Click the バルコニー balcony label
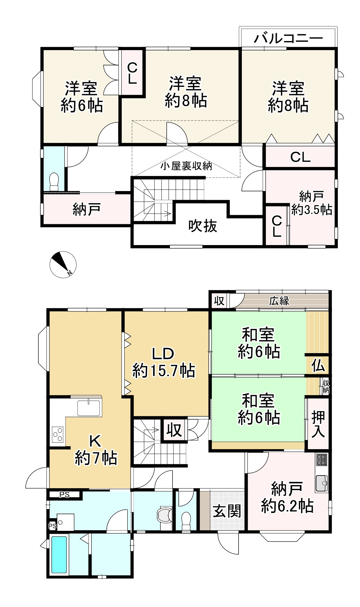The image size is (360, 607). point(288,38)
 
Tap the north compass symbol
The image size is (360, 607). point(63,265)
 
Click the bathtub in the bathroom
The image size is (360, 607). point(59,555)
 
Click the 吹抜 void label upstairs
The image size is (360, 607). point(203,226)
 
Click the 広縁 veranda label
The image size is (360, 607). point(279,301)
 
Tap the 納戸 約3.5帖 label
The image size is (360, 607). point(312,204)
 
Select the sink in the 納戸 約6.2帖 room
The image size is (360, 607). point(322,483)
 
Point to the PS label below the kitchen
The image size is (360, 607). point(64,495)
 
